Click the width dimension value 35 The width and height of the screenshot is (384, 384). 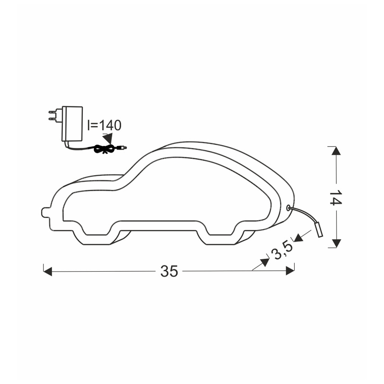169,271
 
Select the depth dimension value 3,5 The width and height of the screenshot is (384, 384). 282,250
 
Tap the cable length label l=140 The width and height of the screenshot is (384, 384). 104,125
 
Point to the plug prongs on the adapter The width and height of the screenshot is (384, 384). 53,116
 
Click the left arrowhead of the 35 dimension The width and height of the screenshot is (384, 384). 48,271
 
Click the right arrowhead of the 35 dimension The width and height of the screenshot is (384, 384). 290,270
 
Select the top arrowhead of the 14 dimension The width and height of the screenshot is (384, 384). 336,151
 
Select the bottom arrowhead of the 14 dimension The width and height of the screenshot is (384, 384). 336,243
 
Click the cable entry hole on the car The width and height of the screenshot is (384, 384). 288,207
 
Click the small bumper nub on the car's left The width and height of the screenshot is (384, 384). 45,212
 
